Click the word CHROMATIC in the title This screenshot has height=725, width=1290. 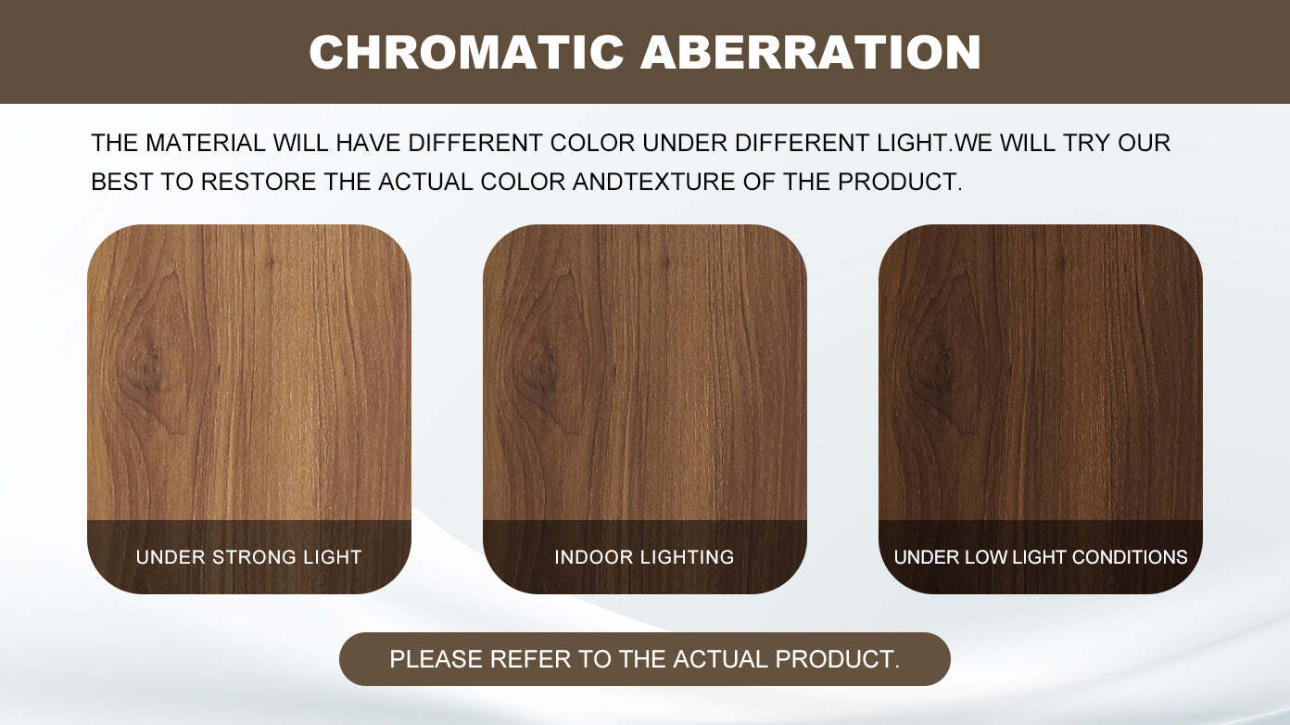466,53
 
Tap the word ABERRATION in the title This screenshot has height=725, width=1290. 811,53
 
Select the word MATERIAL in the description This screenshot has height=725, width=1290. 206,143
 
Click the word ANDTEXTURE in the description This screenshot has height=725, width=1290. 653,182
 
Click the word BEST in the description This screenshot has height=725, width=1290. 121,182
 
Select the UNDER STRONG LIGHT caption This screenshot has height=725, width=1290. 248,557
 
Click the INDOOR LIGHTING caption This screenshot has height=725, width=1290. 644,557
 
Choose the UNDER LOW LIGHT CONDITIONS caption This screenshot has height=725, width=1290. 1040,557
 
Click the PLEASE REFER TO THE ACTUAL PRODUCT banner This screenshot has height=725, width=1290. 644,659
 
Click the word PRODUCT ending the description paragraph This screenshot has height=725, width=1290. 900,182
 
